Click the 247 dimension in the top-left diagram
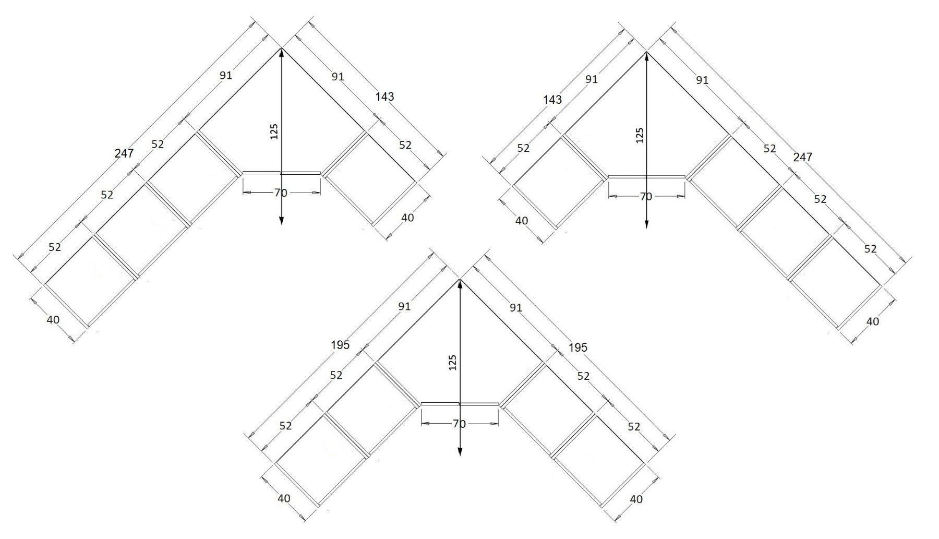pyautogui.click(x=125, y=153)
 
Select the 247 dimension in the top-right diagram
pyautogui.click(x=803, y=157)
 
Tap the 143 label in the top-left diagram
pyautogui.click(x=384, y=97)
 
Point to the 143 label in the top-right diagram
pyautogui.click(x=553, y=99)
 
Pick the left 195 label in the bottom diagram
pyautogui.click(x=340, y=345)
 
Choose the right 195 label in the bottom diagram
pyautogui.click(x=578, y=347)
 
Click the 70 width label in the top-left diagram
pyautogui.click(x=281, y=193)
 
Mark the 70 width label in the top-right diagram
pyautogui.click(x=646, y=197)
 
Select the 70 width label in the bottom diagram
pyautogui.click(x=459, y=424)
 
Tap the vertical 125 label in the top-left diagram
pyautogui.click(x=274, y=131)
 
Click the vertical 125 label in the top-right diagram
pyautogui.click(x=640, y=135)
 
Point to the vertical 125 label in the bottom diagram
pyautogui.click(x=452, y=363)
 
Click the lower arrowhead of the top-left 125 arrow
pyautogui.click(x=281, y=220)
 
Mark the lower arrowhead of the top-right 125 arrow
pyautogui.click(x=646, y=223)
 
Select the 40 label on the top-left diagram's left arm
pyautogui.click(x=53, y=320)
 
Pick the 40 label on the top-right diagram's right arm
pyautogui.click(x=872, y=321)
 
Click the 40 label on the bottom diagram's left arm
pyautogui.click(x=284, y=498)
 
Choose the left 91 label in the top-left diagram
pyautogui.click(x=225, y=76)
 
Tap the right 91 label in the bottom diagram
pyautogui.click(x=515, y=308)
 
